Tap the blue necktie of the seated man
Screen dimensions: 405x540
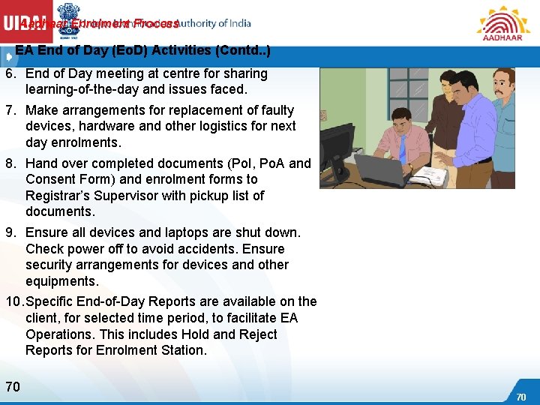pyautogui.click(x=402, y=143)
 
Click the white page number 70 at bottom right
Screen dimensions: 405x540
pyautogui.click(x=521, y=397)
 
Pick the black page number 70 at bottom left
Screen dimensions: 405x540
pyautogui.click(x=13, y=387)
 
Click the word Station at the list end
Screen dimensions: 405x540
pyautogui.click(x=181, y=350)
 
